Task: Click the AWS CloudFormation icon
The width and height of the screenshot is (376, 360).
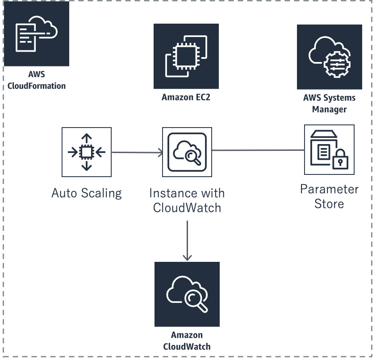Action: (x=37, y=34)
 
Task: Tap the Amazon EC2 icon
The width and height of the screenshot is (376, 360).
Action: (x=186, y=56)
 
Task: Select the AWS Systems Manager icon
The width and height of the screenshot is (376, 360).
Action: (x=330, y=57)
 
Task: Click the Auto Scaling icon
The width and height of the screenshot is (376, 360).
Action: (x=87, y=152)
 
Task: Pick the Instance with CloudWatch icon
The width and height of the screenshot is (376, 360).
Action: (x=187, y=152)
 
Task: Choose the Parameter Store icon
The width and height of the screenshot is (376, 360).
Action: (x=329, y=150)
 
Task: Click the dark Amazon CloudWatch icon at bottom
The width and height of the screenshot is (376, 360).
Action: (x=187, y=294)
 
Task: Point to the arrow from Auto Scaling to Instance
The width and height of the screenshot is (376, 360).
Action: (x=137, y=153)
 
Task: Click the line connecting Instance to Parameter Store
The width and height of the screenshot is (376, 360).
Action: (x=258, y=150)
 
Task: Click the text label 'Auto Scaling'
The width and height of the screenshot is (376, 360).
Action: (x=87, y=193)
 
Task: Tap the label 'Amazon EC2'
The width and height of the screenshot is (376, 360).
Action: (x=186, y=97)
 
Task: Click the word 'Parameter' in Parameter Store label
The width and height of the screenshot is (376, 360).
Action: (x=329, y=189)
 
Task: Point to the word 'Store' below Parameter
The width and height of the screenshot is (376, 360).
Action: (x=329, y=204)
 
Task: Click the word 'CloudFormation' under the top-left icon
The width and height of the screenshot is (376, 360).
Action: (x=37, y=86)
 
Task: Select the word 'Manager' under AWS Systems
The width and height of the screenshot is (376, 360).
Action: (x=330, y=109)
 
